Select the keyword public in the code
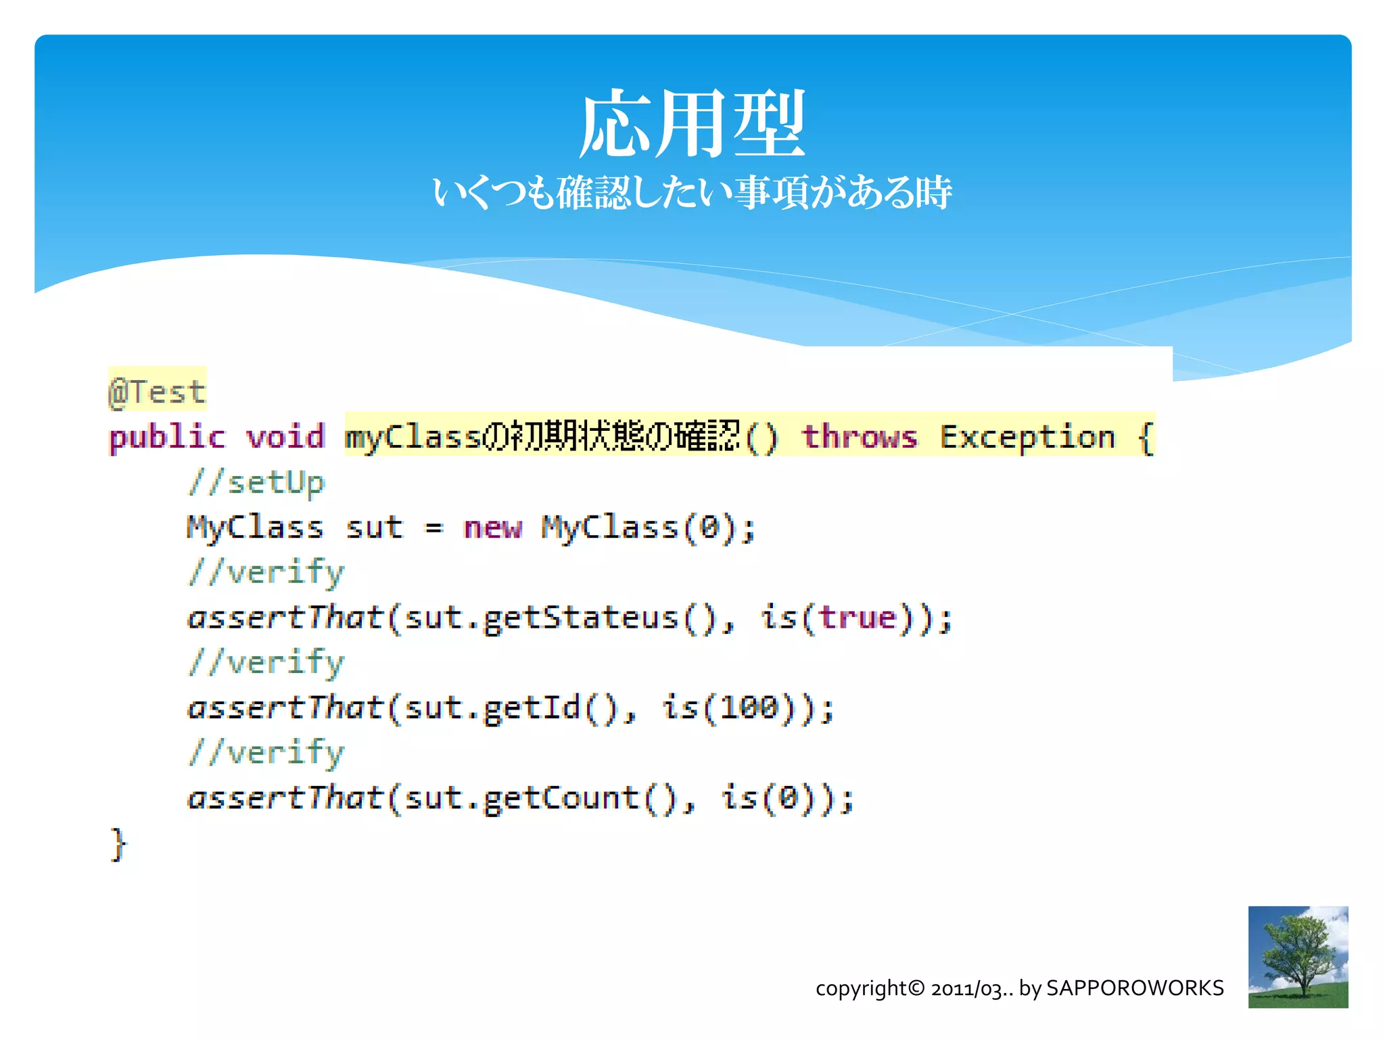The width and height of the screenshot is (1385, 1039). [x=166, y=437]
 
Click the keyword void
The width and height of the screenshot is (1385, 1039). [x=285, y=437]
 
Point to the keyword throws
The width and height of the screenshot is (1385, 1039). [x=860, y=437]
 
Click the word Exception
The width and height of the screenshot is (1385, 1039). [x=1027, y=437]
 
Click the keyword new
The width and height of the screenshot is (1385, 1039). [x=493, y=528]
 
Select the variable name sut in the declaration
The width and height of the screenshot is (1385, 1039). [x=374, y=528]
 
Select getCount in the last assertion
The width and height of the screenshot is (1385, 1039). [x=561, y=798]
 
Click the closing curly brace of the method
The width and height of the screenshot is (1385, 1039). [x=118, y=844]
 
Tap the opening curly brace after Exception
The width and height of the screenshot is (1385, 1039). [x=1145, y=437]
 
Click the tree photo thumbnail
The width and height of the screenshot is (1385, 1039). [x=1298, y=956]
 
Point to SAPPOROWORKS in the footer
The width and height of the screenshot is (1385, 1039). [x=1135, y=988]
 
